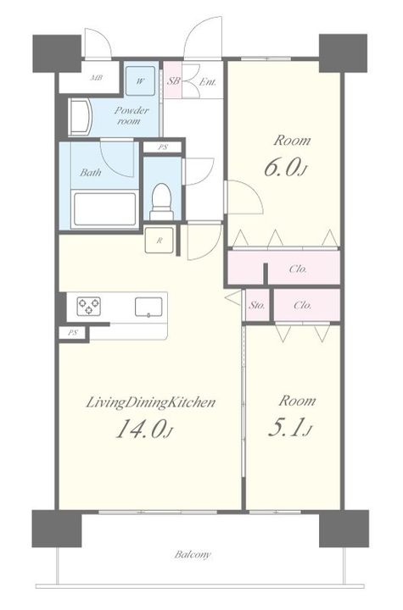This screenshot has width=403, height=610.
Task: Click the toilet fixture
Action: (x=162, y=202)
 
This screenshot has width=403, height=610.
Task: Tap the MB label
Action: (x=96, y=78)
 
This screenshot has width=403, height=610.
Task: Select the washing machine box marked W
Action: (x=140, y=81)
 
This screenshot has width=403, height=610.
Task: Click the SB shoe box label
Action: (x=173, y=81)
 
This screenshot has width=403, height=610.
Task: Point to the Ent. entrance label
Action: (x=208, y=82)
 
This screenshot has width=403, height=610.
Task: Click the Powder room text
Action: (x=132, y=115)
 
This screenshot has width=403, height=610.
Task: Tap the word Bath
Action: (x=91, y=172)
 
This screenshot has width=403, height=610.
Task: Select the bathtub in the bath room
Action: (x=105, y=209)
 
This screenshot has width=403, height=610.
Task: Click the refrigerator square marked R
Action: (x=160, y=241)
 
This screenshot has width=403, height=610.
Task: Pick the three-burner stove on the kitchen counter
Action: (x=89, y=306)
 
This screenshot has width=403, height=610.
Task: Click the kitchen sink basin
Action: (x=148, y=307)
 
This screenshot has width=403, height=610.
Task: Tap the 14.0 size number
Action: (x=143, y=429)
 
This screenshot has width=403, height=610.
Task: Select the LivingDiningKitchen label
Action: (x=150, y=402)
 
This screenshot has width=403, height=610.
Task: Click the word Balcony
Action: (x=193, y=554)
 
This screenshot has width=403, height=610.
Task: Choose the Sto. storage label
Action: (x=257, y=305)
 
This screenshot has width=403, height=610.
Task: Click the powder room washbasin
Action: (x=81, y=117)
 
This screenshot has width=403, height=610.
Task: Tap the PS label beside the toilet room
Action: (x=162, y=147)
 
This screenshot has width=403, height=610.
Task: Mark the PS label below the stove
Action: (x=72, y=333)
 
